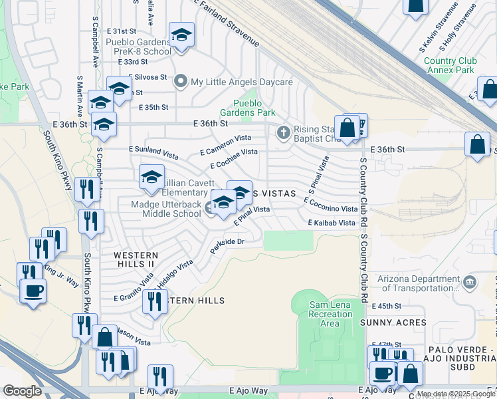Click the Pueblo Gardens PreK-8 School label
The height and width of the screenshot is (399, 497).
[x=139, y=46]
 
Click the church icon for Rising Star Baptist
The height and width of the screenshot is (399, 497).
[x=284, y=133]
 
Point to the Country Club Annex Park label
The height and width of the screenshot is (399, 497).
[x=450, y=65]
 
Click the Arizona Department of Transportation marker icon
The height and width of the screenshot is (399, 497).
[x=471, y=282]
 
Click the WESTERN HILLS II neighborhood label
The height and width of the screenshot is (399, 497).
[x=136, y=259]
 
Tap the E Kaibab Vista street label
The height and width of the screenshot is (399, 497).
[x=332, y=223]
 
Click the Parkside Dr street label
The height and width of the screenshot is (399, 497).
[x=228, y=246]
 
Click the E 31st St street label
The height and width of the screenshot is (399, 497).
[x=121, y=31]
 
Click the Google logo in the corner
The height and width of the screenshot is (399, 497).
[x=22, y=391]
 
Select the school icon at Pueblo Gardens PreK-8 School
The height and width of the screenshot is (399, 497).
[x=181, y=35]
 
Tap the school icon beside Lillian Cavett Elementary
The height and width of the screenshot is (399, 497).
[x=151, y=176]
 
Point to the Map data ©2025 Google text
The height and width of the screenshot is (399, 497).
[x=455, y=394]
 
